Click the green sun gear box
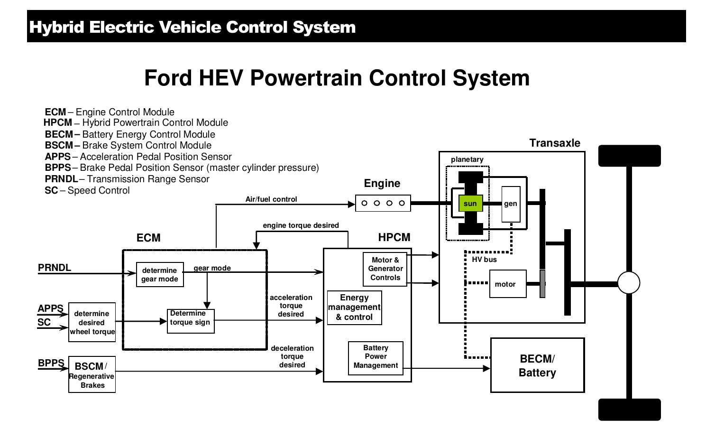(470, 204)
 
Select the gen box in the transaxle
(511, 204)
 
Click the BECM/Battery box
(537, 365)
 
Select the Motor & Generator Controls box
(385, 269)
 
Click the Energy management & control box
(354, 308)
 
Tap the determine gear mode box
(160, 275)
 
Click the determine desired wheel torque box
(92, 322)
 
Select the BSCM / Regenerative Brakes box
(92, 374)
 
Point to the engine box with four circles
(383, 203)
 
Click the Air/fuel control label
(271, 199)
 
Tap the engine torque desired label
(301, 225)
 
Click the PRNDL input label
(55, 268)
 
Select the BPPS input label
(51, 364)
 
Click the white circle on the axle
(629, 283)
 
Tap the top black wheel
(629, 156)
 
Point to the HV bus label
(484, 260)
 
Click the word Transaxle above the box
(554, 143)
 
